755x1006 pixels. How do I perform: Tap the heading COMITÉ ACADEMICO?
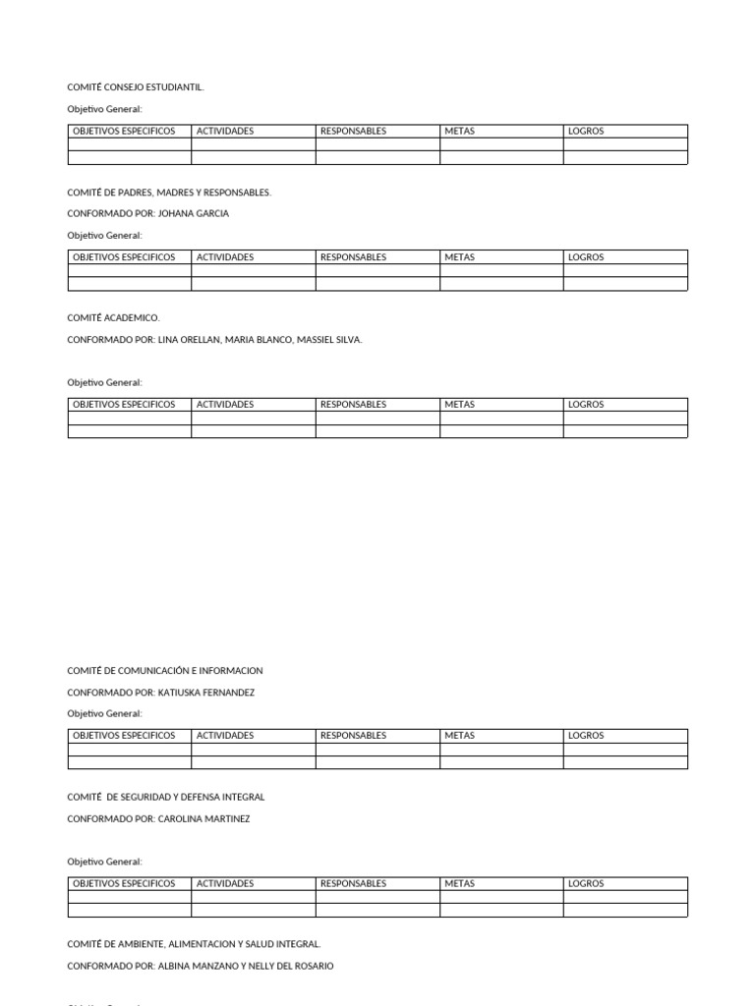pyautogui.click(x=113, y=318)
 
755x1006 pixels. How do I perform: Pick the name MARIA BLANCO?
pyautogui.click(x=258, y=339)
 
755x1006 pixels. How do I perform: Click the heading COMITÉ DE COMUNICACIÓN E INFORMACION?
pyautogui.click(x=165, y=671)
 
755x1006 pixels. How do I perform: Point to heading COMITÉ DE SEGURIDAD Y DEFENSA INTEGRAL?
pyautogui.click(x=166, y=797)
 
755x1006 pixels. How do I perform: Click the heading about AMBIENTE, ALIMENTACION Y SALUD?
pyautogui.click(x=194, y=944)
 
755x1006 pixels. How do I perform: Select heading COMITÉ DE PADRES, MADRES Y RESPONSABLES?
pyautogui.click(x=169, y=193)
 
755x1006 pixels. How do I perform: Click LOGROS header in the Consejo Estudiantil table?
pyautogui.click(x=586, y=132)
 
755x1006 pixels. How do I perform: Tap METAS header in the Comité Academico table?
pyautogui.click(x=459, y=405)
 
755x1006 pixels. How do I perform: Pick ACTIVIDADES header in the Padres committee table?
pyautogui.click(x=225, y=257)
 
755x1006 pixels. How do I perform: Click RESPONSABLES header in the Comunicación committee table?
pyautogui.click(x=353, y=736)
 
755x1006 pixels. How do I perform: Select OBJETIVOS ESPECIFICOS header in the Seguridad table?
pyautogui.click(x=124, y=883)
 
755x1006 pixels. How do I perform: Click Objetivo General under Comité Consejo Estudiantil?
pyautogui.click(x=105, y=109)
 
